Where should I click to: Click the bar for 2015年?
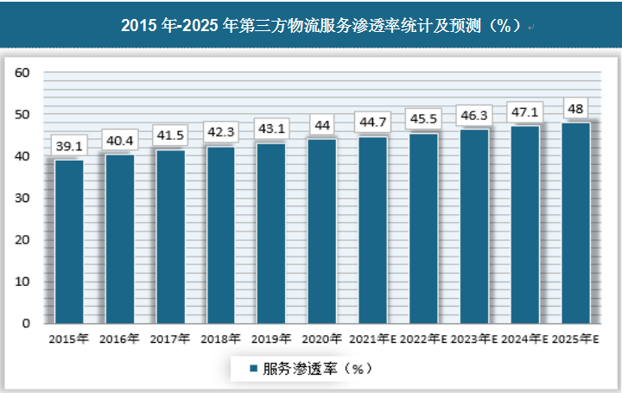coord(69,242)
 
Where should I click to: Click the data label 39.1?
coord(69,146)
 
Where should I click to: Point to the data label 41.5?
coord(170,136)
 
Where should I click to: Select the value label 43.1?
coord(271,129)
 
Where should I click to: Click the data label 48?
coord(575,109)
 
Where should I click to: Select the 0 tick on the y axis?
coord(27,323)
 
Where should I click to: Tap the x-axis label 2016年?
coord(119,339)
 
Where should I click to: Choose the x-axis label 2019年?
coord(271,339)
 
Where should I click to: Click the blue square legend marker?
coord(252,369)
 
